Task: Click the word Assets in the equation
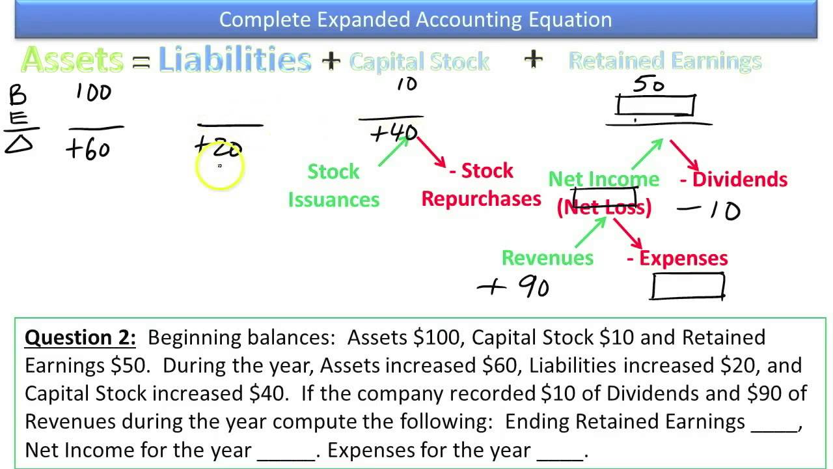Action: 72,61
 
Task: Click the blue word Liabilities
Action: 235,61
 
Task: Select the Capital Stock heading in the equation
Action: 419,62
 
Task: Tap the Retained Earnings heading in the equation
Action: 664,61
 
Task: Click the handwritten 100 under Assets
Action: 93,92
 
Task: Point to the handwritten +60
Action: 88,150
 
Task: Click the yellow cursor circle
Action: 219,167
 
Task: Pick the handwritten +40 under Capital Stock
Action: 393,134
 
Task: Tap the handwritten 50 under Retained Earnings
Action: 649,85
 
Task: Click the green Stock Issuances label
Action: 333,185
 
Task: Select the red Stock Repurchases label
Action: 482,185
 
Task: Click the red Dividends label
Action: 733,179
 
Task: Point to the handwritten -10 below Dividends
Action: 709,210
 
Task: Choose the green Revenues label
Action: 547,258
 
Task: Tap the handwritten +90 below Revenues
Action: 514,287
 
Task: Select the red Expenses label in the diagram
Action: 677,258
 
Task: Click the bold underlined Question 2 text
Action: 80,337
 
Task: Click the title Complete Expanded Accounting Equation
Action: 415,20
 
